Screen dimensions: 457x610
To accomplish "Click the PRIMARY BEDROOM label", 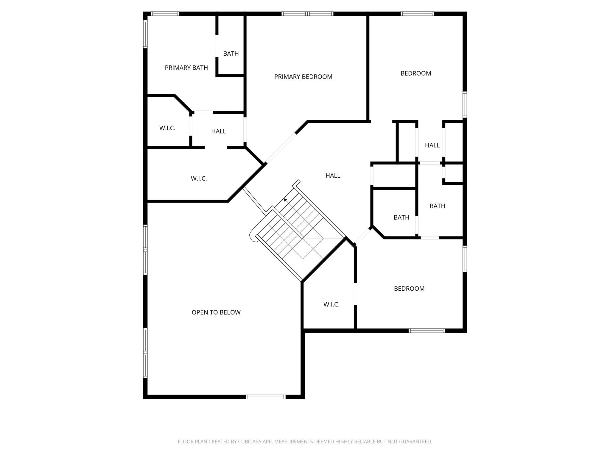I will coord(303,77).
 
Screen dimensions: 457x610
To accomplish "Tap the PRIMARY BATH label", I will coord(186,68).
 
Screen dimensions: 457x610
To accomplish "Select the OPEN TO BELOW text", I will coord(216,312).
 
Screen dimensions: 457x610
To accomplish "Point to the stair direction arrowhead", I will coord(285,200).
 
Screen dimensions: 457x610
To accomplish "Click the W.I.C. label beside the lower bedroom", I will coord(331,304).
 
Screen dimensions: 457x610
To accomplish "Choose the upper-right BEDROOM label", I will coord(416,73).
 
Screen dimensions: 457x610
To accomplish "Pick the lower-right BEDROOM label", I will coord(409,289).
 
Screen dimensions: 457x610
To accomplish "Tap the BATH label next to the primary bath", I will coord(231,54).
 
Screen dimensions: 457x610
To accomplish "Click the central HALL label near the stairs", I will coord(333,176).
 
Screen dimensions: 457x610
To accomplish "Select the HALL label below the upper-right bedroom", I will coord(432,145).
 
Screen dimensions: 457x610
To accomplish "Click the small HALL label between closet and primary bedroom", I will coord(218,131).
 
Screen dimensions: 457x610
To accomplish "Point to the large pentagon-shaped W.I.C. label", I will coord(199,179).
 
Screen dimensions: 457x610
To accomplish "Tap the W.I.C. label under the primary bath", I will coord(167,128).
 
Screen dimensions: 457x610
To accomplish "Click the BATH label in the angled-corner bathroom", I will coord(401,217).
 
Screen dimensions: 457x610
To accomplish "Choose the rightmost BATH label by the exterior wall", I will coord(437,206).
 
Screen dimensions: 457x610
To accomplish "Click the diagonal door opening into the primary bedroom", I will coord(281,148).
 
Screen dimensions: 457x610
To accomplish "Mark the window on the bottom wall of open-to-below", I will coord(266,397).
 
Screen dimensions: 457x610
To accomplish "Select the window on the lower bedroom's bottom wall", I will coord(427,331).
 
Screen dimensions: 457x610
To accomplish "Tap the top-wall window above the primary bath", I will coord(164,14).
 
